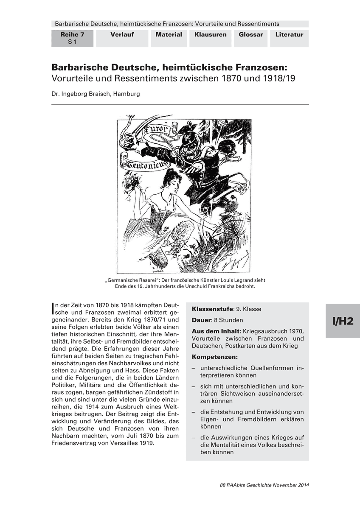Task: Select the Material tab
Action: point(169,35)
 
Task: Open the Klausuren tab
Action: point(210,35)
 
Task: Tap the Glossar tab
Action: point(250,35)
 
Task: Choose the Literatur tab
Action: point(289,35)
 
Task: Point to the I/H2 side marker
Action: point(343,321)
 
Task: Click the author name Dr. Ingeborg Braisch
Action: point(96,94)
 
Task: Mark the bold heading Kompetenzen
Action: point(215,357)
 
